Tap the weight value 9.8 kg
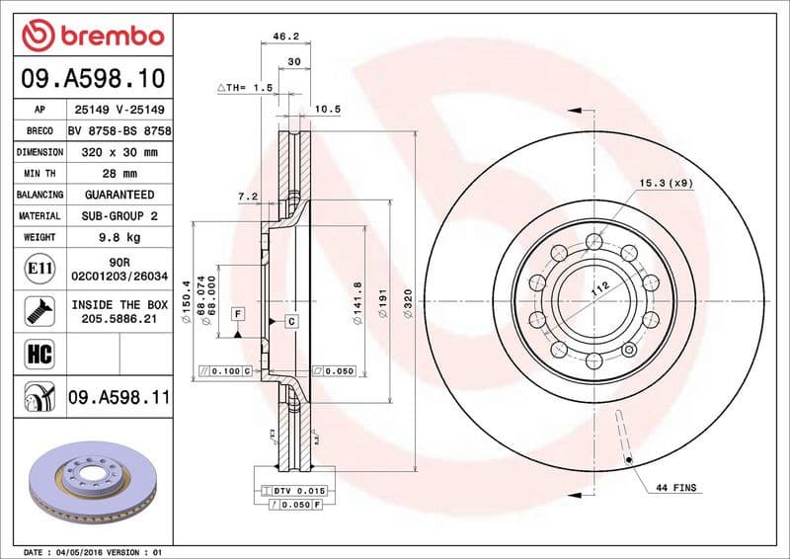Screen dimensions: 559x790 pos(119,238)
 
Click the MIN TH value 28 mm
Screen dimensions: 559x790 pos(119,174)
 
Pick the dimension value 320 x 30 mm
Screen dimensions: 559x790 pos(119,152)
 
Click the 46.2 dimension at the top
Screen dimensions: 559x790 pos(285,37)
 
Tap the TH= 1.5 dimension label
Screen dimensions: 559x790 pos(245,88)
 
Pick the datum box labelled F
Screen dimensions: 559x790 pos(238,314)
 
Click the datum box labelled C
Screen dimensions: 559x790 pos(291,321)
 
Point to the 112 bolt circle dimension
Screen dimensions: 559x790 pos(597,290)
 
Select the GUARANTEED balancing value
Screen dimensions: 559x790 pos(119,195)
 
